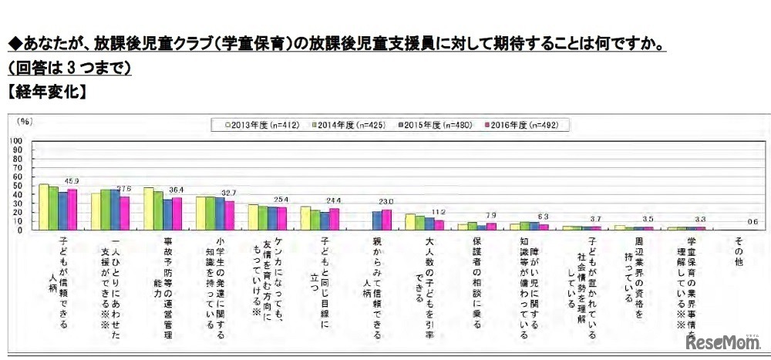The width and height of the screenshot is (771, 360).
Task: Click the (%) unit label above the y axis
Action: pos(25,122)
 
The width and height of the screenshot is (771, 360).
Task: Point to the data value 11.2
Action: pos(440,212)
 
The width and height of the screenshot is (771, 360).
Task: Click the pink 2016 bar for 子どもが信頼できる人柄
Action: pos(72,210)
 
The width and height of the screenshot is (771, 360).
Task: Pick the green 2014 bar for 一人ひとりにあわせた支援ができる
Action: pos(105,210)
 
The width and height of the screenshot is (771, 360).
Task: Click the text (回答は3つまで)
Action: pos(69,69)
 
